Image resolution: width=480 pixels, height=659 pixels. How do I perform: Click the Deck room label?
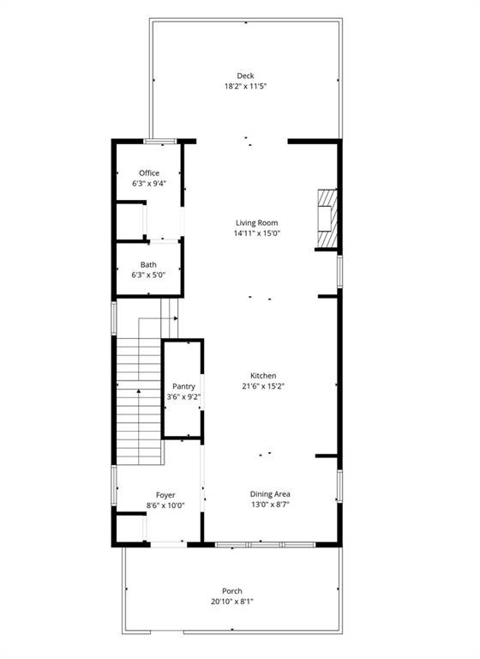point(245,76)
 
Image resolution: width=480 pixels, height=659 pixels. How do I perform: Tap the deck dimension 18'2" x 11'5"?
point(245,87)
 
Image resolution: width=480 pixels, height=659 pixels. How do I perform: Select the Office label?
point(149,173)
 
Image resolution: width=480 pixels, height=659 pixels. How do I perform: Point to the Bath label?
point(149,264)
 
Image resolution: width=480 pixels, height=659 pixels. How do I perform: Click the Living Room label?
point(257,223)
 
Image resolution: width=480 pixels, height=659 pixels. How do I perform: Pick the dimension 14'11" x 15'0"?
point(257,233)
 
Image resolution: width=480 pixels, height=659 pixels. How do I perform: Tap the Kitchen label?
point(262,376)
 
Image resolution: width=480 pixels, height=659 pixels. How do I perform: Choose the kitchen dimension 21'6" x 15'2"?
point(262,386)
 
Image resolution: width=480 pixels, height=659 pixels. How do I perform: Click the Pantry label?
point(183,386)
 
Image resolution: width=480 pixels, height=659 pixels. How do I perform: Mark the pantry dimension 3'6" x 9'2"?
point(183,396)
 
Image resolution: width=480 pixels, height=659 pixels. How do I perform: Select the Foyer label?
point(165,495)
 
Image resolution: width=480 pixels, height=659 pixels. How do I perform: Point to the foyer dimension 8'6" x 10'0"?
point(165,505)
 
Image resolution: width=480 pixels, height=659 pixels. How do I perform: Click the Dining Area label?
point(270,494)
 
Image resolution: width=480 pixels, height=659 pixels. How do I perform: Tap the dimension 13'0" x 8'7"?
point(270,505)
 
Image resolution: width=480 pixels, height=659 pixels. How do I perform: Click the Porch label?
point(232,591)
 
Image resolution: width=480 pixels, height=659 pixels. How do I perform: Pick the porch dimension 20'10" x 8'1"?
point(232,602)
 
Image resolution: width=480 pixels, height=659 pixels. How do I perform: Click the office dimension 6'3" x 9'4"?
point(149,184)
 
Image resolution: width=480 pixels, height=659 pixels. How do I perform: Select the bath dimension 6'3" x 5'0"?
point(149,275)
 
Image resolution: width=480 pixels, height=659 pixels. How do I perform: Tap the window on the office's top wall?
point(160,141)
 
